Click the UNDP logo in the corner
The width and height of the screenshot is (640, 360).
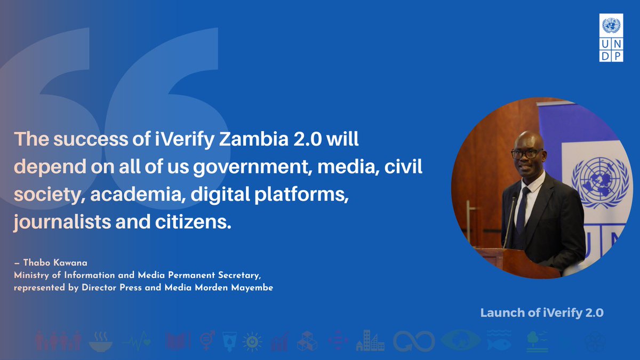(611, 39)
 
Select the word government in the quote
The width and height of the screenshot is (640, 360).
(252, 167)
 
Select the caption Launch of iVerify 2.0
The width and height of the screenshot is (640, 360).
(542, 313)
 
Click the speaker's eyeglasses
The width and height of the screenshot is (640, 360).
(524, 154)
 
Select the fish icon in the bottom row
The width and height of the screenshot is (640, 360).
(499, 340)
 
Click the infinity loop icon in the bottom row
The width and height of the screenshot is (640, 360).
(414, 341)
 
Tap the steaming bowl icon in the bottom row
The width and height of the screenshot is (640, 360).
(101, 340)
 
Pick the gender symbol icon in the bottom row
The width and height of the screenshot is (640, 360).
(207, 340)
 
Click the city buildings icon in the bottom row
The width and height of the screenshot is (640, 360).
(370, 340)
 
